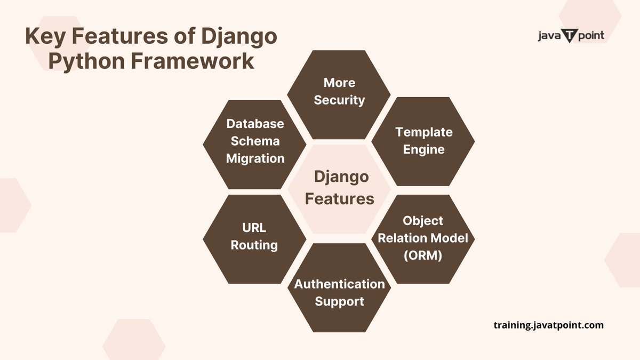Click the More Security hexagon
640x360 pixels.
339,92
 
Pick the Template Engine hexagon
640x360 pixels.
423,140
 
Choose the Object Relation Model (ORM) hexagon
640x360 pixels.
423,238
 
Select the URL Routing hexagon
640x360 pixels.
254,237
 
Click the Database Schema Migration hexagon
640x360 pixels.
255,142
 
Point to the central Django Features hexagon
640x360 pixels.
339,188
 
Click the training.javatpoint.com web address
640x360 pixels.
549,325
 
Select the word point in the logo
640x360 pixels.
590,36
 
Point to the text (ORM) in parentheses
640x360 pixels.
423,255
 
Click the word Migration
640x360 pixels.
255,158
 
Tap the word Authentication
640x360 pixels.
339,284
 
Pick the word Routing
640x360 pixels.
254,245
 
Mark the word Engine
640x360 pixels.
423,149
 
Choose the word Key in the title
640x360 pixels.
46,37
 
